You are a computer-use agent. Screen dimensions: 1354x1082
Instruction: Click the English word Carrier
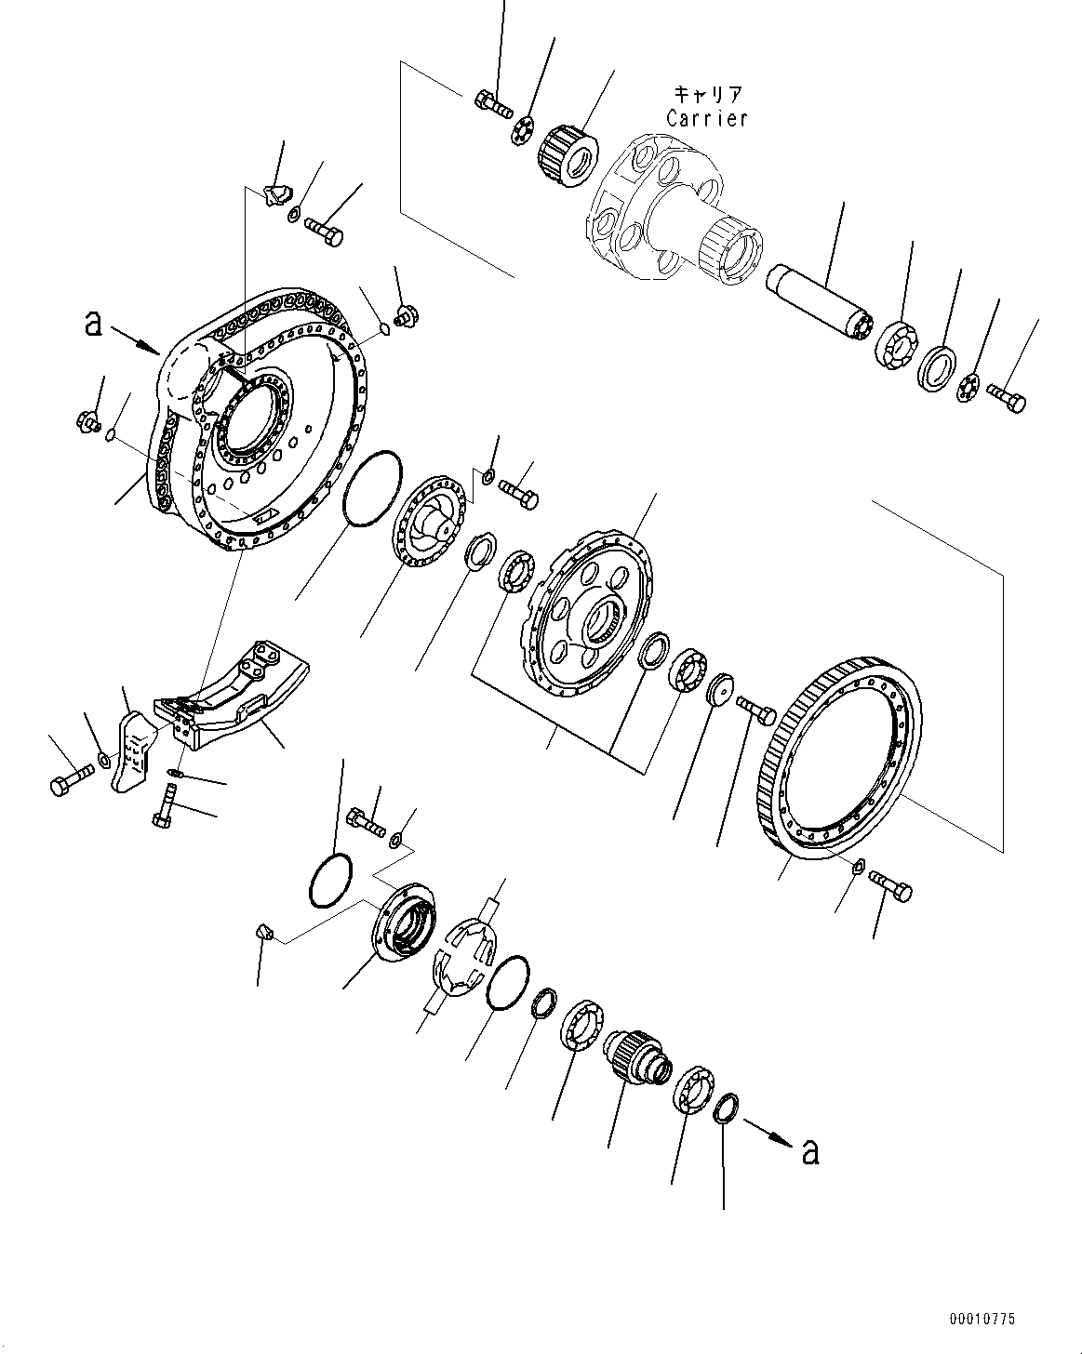706,118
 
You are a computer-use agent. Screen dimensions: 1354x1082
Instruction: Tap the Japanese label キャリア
707,94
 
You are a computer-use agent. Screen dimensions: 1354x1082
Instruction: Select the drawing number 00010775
982,1319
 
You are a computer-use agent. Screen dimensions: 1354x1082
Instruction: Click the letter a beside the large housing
91,323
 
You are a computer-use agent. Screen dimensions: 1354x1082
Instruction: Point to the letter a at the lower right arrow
810,1151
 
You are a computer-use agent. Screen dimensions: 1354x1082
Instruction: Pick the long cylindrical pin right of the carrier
816,301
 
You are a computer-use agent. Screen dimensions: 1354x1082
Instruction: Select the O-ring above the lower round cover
329,879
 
